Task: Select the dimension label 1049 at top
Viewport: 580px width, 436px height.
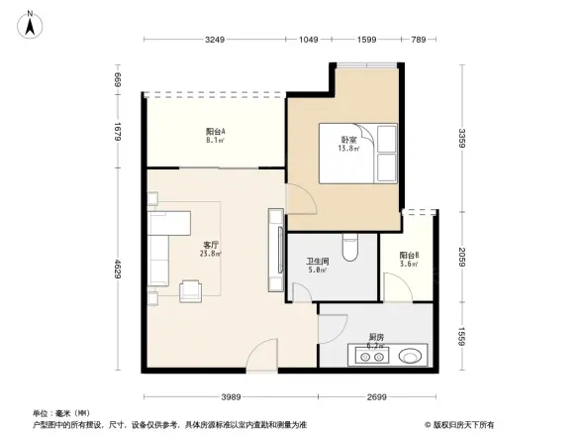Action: click(309, 40)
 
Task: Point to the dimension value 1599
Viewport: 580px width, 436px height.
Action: click(366, 40)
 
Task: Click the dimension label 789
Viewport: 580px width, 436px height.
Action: click(418, 40)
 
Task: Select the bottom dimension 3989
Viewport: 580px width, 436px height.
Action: click(233, 396)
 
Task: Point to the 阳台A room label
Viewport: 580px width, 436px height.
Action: click(216, 136)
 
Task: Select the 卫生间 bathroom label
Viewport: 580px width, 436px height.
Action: click(317, 265)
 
